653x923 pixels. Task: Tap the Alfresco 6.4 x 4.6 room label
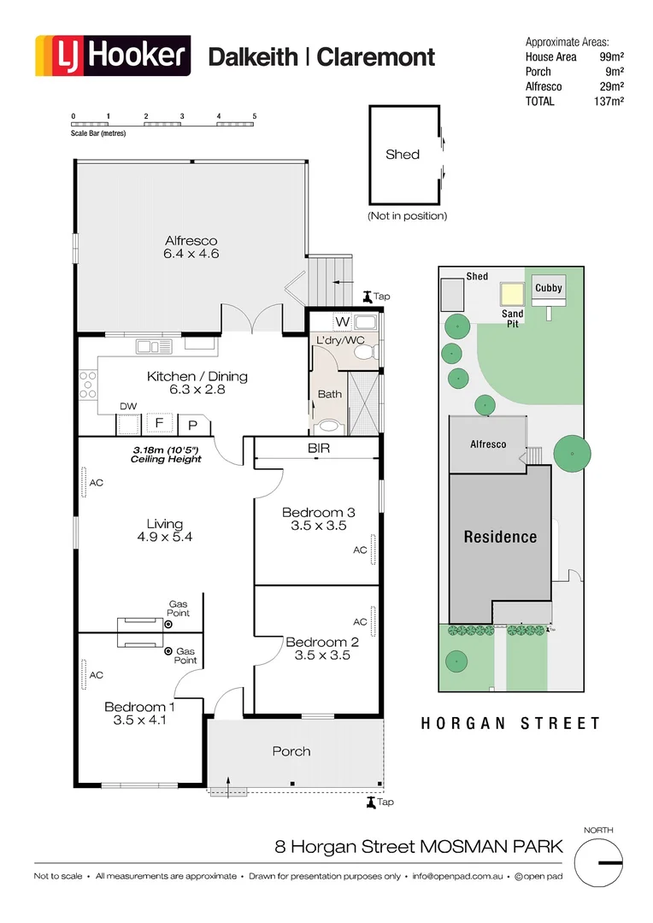tap(191, 247)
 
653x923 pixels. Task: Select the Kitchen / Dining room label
tap(197, 382)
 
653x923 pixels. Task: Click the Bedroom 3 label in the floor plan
tap(318, 519)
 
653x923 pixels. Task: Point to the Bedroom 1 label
tap(140, 713)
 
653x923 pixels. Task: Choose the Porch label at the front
tap(291, 751)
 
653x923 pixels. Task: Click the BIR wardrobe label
tap(319, 448)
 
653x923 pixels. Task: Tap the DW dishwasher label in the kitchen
tap(128, 407)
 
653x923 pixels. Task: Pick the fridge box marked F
tap(159, 422)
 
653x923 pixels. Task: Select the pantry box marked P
tap(193, 424)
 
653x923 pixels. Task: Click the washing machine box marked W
tap(342, 322)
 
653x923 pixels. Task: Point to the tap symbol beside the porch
tap(370, 802)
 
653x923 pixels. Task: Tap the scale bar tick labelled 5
tap(255, 115)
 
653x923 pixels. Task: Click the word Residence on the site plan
tap(500, 537)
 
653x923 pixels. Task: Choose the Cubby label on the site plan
tap(549, 288)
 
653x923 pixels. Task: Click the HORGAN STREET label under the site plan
tap(510, 724)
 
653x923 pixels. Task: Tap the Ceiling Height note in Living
tap(166, 455)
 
